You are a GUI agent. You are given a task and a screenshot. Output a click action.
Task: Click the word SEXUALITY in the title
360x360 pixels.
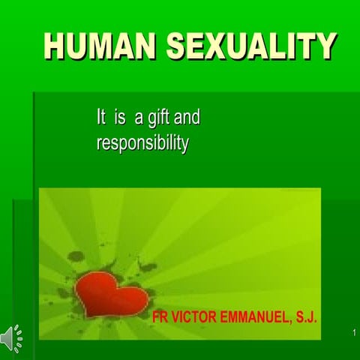tap(250, 46)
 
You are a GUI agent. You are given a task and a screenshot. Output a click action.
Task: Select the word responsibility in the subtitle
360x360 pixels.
tap(142, 142)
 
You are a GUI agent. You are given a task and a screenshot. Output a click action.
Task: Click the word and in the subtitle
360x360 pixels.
tap(187, 118)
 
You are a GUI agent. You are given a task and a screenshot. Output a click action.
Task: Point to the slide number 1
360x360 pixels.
tap(352, 332)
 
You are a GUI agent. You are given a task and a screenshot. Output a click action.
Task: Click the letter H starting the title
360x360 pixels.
tap(55, 46)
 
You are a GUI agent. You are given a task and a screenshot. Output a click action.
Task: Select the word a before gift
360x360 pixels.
tap(139, 118)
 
